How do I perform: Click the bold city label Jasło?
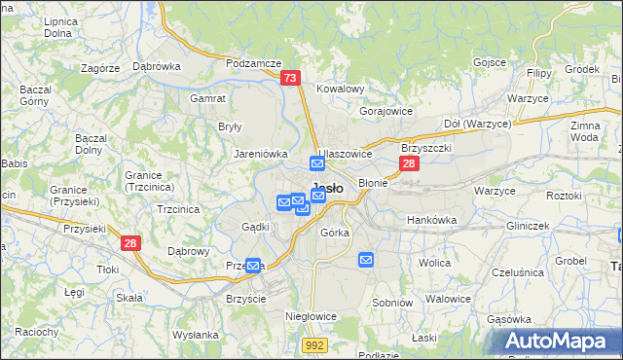tap(325, 190)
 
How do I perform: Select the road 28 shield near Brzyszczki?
tap(409, 163)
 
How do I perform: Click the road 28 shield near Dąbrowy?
tap(130, 244)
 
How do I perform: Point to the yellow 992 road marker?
tap(313, 344)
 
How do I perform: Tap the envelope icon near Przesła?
tap(253, 265)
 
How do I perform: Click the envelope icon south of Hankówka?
tap(366, 259)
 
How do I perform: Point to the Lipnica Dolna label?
tap(60, 26)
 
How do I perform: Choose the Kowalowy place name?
tap(340, 89)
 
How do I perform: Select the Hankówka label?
tap(431, 220)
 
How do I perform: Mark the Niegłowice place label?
tap(311, 316)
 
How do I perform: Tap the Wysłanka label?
tap(195, 335)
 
